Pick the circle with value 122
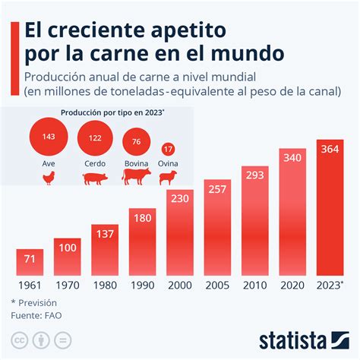click(95, 139)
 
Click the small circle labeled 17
click(168, 149)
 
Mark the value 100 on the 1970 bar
click(68, 248)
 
